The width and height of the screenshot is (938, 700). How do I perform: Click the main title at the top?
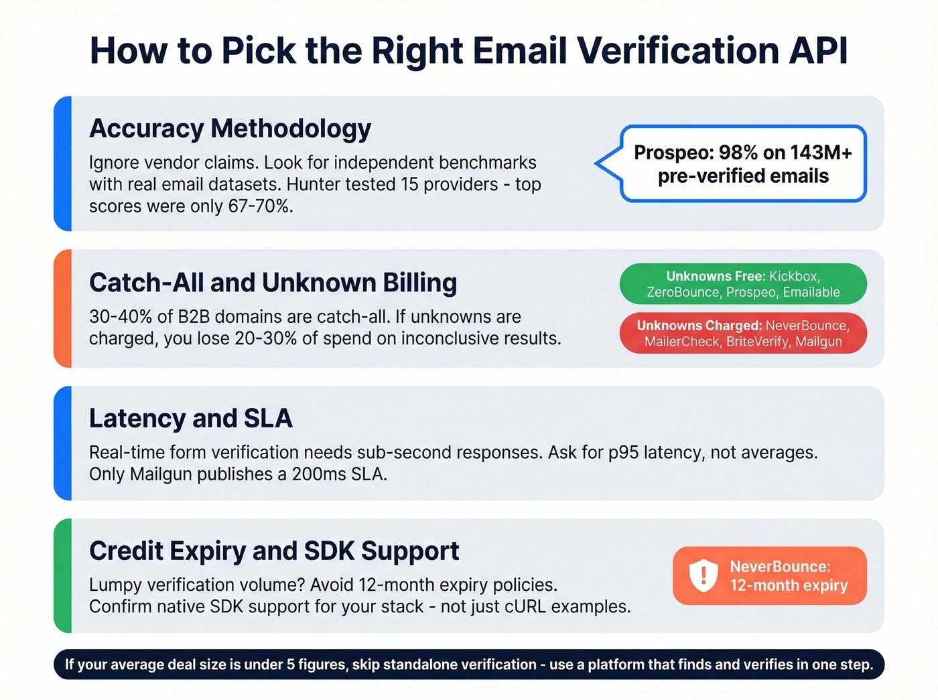pos(469,51)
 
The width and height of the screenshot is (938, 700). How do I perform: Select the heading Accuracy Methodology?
pos(230,129)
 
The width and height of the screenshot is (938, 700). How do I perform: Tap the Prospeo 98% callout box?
pos(743,164)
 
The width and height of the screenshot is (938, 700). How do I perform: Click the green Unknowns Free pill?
pos(743,284)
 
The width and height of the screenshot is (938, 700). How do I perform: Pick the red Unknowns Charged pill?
pos(743,334)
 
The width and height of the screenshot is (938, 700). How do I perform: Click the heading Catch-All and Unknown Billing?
pos(273,283)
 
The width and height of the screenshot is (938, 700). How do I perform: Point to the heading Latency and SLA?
pos(191,418)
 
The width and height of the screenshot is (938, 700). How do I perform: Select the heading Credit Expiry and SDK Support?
pos(274,551)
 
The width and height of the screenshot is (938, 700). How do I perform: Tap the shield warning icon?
pos(703,575)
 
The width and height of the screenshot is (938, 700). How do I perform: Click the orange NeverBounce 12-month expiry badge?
pos(770,575)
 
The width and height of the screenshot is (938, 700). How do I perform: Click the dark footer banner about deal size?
pos(469,664)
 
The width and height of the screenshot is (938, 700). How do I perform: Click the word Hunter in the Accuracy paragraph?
pos(367,184)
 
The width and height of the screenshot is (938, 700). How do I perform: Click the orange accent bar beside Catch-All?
pos(63,308)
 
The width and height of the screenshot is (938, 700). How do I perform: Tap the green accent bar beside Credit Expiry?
pos(63,575)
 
